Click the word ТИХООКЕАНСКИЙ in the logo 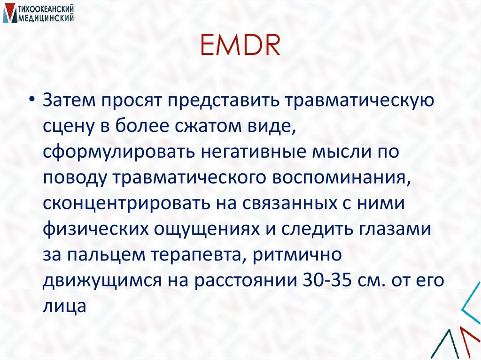point(43,8)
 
